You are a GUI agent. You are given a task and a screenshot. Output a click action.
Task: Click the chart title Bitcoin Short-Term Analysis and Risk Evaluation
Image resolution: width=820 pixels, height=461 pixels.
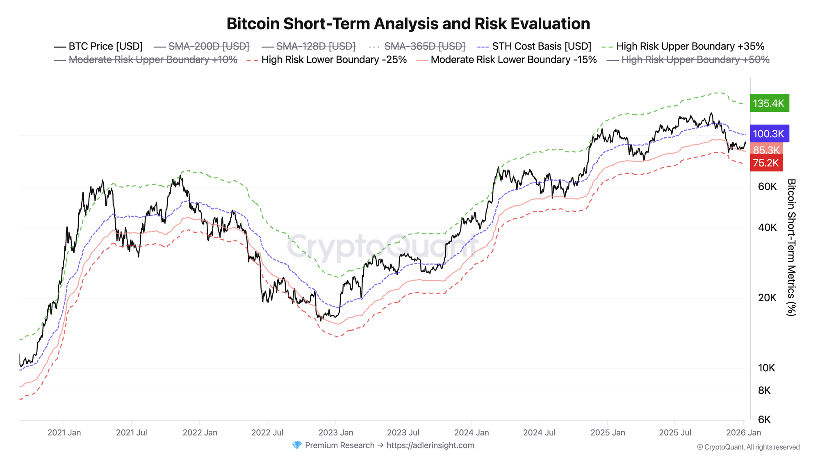click(x=408, y=24)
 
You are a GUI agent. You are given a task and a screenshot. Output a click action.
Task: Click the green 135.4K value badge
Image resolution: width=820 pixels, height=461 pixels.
click(x=769, y=103)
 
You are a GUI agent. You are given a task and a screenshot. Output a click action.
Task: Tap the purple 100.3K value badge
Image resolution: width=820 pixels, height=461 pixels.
click(x=769, y=134)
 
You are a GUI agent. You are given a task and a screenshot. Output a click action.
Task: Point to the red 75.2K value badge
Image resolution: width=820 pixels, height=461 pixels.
click(x=766, y=163)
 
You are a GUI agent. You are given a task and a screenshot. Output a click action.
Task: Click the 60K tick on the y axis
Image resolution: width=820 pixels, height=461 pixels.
click(x=767, y=187)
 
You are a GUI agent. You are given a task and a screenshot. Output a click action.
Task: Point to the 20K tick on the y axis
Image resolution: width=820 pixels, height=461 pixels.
click(x=767, y=298)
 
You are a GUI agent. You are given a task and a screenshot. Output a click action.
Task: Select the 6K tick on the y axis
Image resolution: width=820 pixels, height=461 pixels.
click(x=764, y=420)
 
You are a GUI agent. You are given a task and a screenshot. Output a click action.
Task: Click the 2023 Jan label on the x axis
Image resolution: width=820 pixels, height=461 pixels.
click(x=335, y=433)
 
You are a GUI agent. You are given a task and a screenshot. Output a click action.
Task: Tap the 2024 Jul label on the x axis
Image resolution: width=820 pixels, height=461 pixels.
click(x=539, y=433)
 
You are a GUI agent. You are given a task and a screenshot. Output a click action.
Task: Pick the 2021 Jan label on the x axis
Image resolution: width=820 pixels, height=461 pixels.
click(x=64, y=433)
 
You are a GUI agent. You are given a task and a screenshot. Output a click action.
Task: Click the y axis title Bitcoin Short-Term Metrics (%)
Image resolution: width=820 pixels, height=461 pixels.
click(x=791, y=248)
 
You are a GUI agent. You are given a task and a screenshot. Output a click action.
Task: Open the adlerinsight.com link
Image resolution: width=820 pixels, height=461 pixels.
click(x=430, y=445)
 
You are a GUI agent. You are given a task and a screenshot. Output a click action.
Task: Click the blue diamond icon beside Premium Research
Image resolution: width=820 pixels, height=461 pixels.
click(x=296, y=445)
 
